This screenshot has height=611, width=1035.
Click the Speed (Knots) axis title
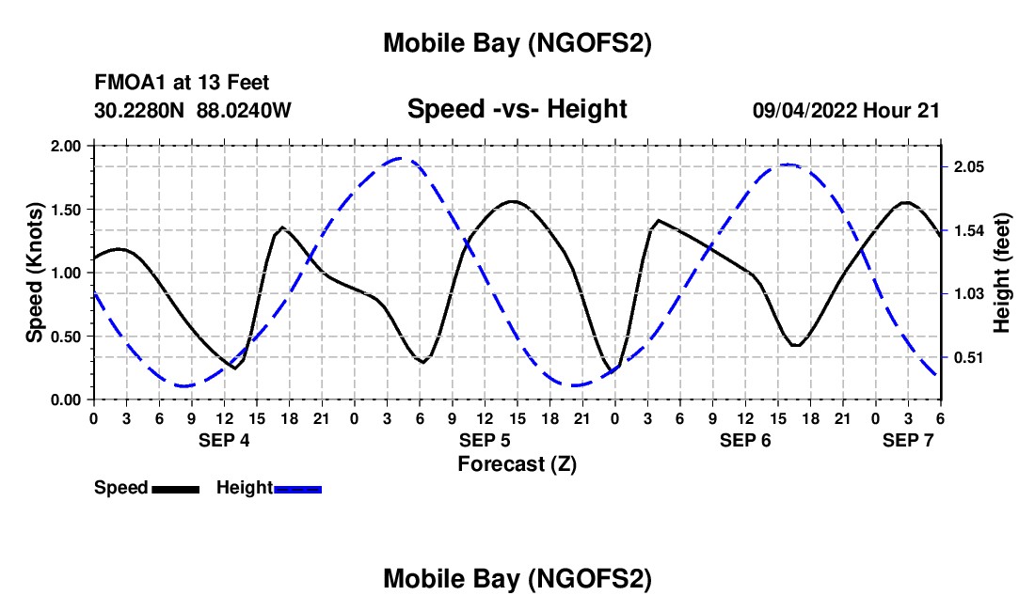click(x=35, y=273)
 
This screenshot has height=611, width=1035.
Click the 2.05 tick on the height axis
click(x=968, y=166)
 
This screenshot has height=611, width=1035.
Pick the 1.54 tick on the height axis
click(x=968, y=230)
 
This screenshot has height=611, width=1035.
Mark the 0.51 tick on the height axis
click(x=968, y=357)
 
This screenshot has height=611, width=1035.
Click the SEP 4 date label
click(x=224, y=440)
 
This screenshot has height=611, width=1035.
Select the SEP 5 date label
click(x=485, y=440)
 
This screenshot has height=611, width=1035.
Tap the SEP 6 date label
click(x=745, y=440)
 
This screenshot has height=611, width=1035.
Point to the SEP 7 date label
click(x=908, y=440)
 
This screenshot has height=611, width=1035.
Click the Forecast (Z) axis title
click(x=517, y=463)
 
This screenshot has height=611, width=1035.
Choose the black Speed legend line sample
click(x=176, y=489)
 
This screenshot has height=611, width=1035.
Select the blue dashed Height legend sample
click(x=298, y=489)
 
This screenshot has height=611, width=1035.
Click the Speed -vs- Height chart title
click(x=517, y=109)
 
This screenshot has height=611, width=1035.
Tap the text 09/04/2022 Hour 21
click(x=846, y=111)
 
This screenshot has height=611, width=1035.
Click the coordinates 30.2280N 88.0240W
click(x=193, y=111)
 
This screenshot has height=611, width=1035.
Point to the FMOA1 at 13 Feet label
click(x=182, y=83)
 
